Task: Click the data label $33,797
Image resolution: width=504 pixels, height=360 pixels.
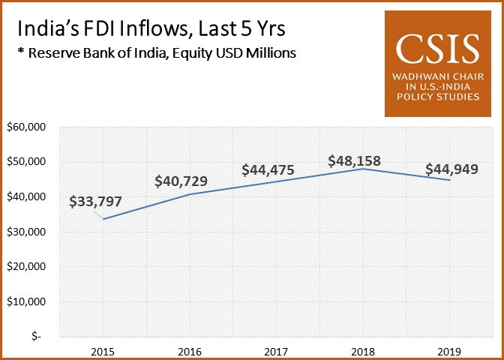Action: point(95,202)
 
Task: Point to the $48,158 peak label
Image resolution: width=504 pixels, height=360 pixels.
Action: point(356,160)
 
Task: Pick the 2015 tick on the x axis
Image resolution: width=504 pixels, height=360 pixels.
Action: point(103,350)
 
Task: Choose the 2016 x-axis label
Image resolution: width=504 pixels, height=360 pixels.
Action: point(189,350)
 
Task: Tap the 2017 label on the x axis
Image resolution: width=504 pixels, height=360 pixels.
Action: point(276,350)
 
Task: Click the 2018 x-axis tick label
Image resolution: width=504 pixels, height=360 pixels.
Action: point(363,350)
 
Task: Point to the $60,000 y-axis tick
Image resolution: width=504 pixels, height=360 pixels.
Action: point(26,127)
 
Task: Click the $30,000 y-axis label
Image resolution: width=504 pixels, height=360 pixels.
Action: point(26,232)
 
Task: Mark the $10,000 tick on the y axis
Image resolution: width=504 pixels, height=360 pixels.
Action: point(26,301)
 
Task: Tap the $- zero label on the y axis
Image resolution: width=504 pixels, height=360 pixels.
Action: point(36,337)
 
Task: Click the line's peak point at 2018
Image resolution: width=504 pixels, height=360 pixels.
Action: point(363,169)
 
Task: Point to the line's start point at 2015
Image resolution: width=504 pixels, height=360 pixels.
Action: point(103,219)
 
